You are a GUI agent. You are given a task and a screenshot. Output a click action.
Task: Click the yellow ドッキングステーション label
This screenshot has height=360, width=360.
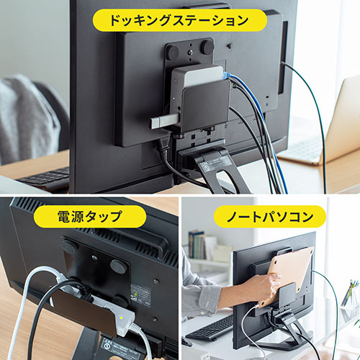tap(180, 19)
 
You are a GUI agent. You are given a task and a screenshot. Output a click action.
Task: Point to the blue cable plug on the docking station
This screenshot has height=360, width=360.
tap(227, 75)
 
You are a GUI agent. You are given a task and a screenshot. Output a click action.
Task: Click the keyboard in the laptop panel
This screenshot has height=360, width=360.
tap(211, 328)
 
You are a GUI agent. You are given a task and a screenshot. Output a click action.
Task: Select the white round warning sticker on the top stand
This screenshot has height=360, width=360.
tap(207, 165)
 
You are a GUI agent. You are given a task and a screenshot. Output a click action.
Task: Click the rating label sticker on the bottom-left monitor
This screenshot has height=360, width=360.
tap(140, 294)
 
